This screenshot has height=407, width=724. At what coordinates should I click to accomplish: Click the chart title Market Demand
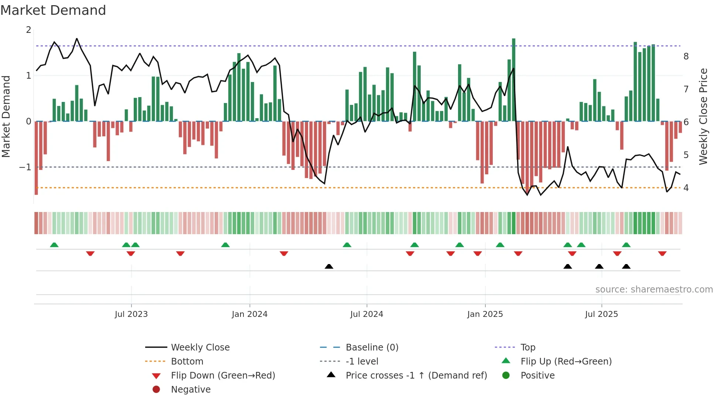pos(53,10)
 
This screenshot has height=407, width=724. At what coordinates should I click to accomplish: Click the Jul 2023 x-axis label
pos(131,314)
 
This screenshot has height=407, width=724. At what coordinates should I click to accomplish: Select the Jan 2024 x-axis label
pos(249,314)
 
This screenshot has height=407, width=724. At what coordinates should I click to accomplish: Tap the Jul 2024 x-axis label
pos(366,314)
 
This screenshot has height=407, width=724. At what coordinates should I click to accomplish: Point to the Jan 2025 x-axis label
pos(485,314)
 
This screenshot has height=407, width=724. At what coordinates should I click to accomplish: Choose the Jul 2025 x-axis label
pos(601,314)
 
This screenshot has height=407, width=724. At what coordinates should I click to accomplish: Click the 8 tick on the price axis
pos(686,57)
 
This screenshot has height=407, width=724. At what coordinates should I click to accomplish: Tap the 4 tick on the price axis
pos(686,188)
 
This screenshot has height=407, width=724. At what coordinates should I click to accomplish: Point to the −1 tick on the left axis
pos(25,167)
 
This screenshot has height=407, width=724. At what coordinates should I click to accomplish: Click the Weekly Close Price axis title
pos(703,116)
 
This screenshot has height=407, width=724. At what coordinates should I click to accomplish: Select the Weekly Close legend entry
pos(200,348)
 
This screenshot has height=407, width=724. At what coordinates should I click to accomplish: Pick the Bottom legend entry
pos(187,362)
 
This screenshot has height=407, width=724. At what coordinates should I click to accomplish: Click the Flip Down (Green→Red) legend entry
pos(223,376)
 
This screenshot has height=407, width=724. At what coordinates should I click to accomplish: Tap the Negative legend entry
pos(191,390)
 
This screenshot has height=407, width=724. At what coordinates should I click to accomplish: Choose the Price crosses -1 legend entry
pos(416,376)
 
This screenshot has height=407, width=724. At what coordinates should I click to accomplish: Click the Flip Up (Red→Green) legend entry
pos(566,362)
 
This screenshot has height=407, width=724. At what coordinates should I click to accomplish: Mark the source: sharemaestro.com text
pos(654,290)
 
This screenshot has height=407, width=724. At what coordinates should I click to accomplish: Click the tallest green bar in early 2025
pos(513,79)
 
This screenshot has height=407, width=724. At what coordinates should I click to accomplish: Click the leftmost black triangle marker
pos(329,266)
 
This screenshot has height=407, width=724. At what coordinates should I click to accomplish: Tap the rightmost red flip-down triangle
pos(662,253)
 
